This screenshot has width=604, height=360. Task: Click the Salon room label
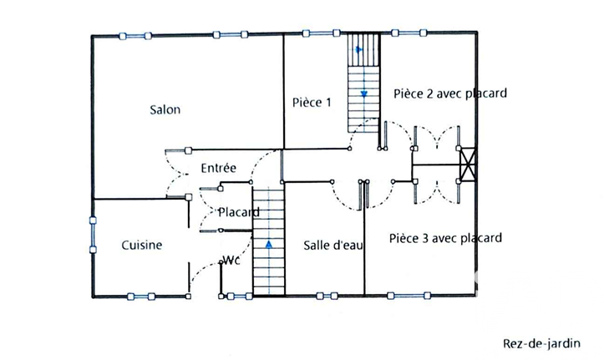pyautogui.click(x=165, y=109)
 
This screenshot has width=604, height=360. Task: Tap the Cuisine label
pyautogui.click(x=142, y=246)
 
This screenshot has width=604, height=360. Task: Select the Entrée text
pyautogui.click(x=218, y=168)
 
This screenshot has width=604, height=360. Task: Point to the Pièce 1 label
pyautogui.click(x=312, y=103)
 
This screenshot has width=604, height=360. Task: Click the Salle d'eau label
pyautogui.click(x=333, y=246)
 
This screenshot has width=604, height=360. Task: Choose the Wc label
pyautogui.click(x=231, y=261)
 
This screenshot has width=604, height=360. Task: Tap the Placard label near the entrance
pyautogui.click(x=239, y=212)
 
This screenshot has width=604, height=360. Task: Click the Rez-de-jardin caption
pyautogui.click(x=541, y=343)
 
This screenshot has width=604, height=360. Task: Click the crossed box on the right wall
pyautogui.click(x=468, y=165)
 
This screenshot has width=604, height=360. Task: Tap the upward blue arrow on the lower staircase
pyautogui.click(x=269, y=244)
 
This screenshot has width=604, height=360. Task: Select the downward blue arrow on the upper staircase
pyautogui.click(x=364, y=94)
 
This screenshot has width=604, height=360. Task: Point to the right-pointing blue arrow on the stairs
pyautogui.click(x=359, y=49)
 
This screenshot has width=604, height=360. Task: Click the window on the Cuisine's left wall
pyautogui.click(x=93, y=235)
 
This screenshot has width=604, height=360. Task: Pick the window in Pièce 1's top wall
pyautogui.click(x=321, y=33)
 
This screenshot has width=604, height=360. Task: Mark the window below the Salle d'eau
pyautogui.click(x=327, y=296)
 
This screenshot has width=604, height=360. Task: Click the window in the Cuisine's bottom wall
pyautogui.click(x=141, y=297)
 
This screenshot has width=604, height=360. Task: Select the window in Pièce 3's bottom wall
pyautogui.click(x=409, y=296)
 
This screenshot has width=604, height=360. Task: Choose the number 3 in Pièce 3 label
pyautogui.click(x=425, y=239)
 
